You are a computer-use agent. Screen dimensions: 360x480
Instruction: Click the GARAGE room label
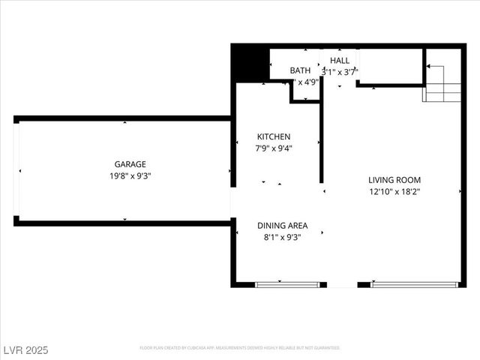click(x=130, y=164)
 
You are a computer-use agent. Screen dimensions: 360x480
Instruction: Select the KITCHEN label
click(x=274, y=136)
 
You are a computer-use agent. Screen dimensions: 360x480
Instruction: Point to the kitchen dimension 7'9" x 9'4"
click(x=274, y=148)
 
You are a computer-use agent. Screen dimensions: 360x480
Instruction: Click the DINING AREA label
click(x=282, y=226)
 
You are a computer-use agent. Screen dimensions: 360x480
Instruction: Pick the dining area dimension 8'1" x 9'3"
click(x=282, y=237)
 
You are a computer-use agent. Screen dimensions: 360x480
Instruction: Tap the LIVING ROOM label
click(x=394, y=180)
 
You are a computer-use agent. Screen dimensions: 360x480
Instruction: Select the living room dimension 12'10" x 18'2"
click(x=394, y=191)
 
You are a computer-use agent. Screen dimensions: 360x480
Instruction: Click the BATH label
click(x=300, y=70)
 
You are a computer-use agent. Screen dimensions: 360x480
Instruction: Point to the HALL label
click(x=340, y=61)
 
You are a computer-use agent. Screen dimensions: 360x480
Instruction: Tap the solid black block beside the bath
click(x=250, y=63)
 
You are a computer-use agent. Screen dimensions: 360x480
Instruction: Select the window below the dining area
click(x=288, y=285)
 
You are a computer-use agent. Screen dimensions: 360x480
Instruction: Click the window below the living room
click(x=415, y=285)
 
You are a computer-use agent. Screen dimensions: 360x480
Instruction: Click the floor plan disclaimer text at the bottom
click(x=240, y=348)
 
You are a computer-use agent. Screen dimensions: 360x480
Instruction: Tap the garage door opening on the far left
click(x=17, y=169)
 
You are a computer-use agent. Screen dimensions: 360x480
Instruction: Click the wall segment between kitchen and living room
click(x=322, y=142)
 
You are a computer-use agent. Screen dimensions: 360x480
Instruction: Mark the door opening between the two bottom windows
click(x=343, y=285)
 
